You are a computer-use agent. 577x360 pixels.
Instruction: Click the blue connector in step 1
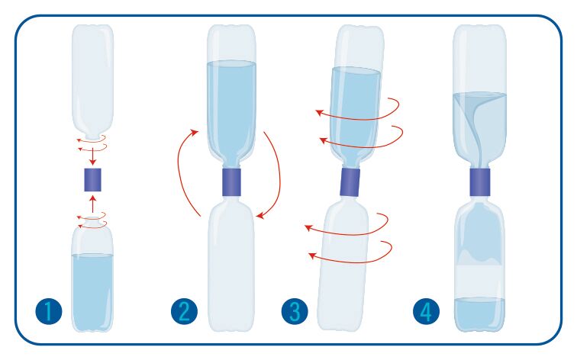pos(92,181)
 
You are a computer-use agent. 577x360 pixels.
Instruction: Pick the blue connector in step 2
pos(230,182)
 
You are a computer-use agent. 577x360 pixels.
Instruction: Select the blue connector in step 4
pos(479,182)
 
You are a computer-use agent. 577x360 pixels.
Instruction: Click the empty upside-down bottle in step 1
pos(92,76)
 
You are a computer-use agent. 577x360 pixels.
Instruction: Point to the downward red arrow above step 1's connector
pos(92,156)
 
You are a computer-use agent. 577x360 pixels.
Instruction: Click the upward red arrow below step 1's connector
pos(92,204)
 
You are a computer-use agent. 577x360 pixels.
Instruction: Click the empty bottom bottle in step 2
pos(230,267)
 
